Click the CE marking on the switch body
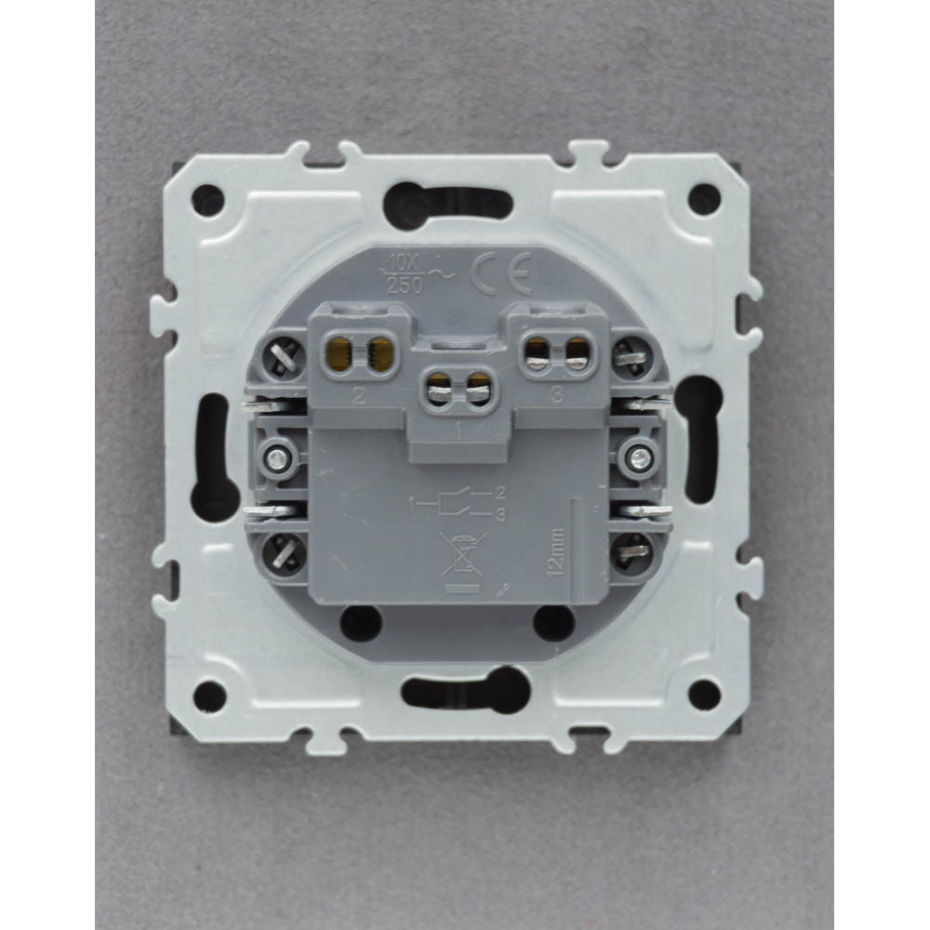coord(501,274)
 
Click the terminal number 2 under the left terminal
coord(358,395)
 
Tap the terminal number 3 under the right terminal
coord(557,394)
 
